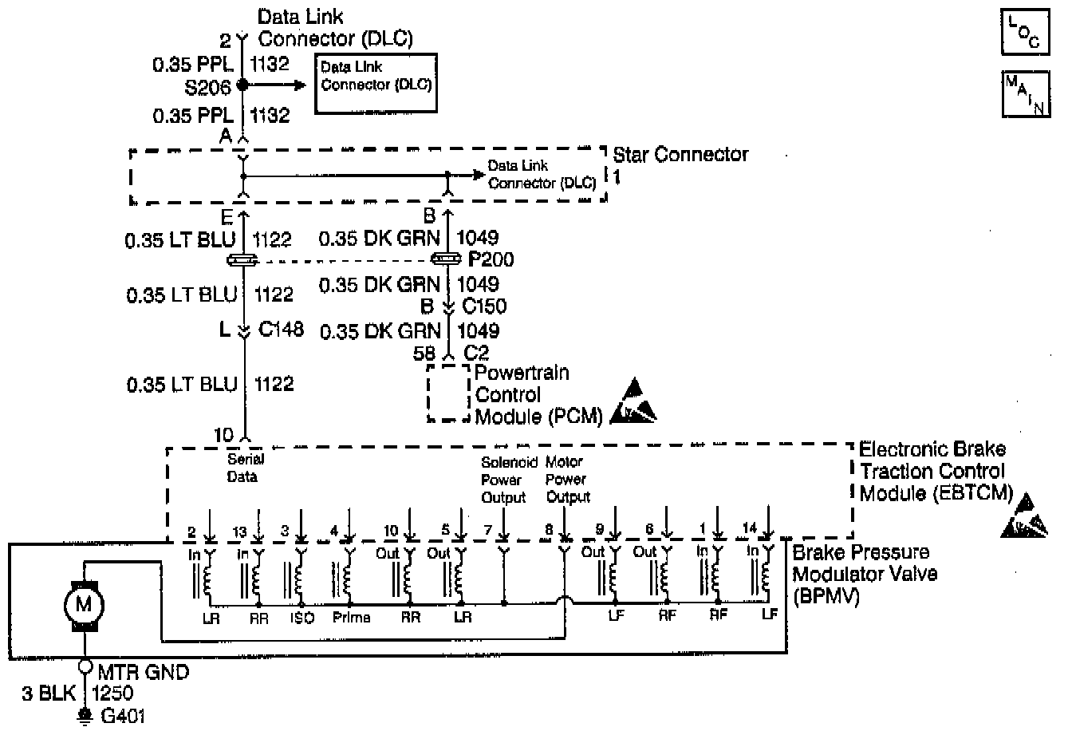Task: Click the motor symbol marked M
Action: tap(83, 603)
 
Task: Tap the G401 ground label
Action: tap(123, 716)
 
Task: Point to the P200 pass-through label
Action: tap(491, 259)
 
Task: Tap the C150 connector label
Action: tap(483, 306)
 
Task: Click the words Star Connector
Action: tap(680, 154)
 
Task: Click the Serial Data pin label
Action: tap(245, 468)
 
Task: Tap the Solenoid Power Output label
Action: tap(504, 480)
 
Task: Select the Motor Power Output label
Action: tap(567, 480)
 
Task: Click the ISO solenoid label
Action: tap(305, 618)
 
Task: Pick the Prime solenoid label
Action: tap(351, 618)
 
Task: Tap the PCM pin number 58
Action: tap(425, 352)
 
